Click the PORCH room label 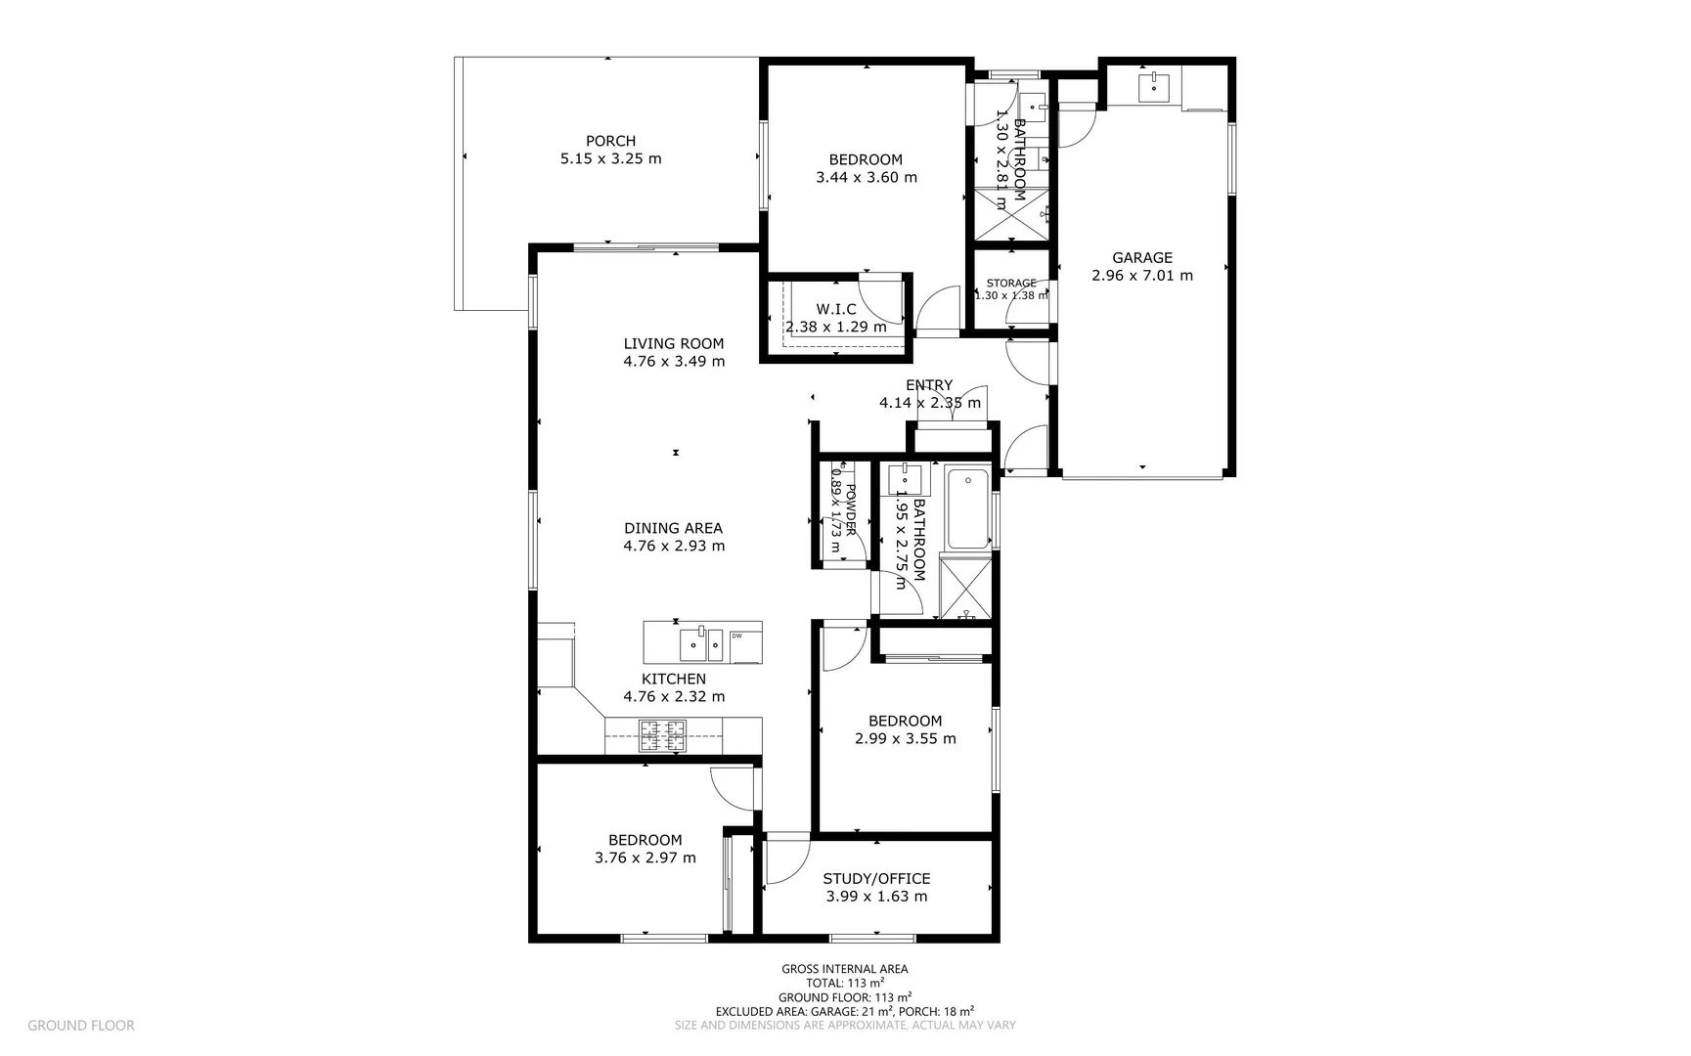(x=610, y=141)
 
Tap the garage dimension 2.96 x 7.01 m (x=1141, y=276)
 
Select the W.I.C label (x=835, y=309)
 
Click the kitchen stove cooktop (x=662, y=735)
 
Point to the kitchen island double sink (x=701, y=643)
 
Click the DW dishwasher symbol (x=736, y=637)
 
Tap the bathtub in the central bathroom (x=969, y=509)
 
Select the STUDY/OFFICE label (x=876, y=878)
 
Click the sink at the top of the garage (x=1155, y=87)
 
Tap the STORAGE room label (x=1010, y=284)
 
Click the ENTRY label (x=928, y=385)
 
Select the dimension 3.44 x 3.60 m (x=866, y=178)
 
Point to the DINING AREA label (x=673, y=528)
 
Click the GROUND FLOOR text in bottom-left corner (x=81, y=1026)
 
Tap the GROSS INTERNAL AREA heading (x=844, y=969)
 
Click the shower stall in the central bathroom (x=966, y=587)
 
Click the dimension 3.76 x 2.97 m (x=645, y=858)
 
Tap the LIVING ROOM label (x=673, y=343)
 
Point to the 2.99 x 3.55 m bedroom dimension (x=905, y=739)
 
